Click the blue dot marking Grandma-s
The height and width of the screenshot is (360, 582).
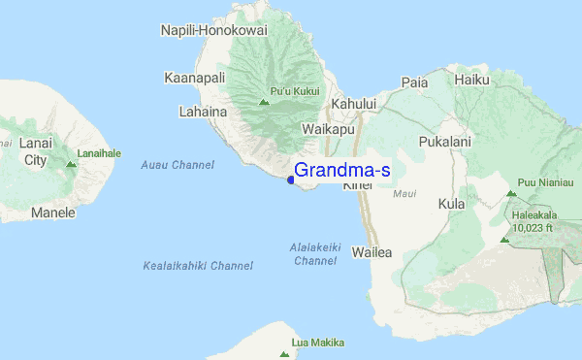291,179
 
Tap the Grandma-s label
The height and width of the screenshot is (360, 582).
342,171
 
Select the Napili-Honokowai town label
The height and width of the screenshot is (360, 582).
213,30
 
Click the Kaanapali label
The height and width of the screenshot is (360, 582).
194,78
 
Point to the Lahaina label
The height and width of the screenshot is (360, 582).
203,112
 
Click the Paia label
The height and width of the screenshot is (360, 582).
414,82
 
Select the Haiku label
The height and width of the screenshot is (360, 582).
471,80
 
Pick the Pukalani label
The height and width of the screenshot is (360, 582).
444,142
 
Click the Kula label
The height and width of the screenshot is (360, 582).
452,204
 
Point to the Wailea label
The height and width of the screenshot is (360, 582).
372,252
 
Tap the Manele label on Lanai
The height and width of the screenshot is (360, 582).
52,212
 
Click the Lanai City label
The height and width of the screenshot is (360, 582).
35,151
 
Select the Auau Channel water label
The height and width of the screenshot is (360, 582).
178,165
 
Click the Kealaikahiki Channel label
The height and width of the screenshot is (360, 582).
198,265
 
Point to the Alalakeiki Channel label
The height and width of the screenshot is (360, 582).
315,254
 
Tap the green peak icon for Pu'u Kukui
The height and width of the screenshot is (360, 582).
263,101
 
